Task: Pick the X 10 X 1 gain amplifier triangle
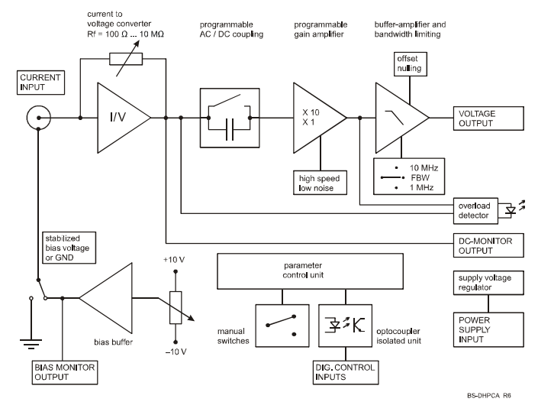(x=315, y=117)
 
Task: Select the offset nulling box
(x=407, y=65)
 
